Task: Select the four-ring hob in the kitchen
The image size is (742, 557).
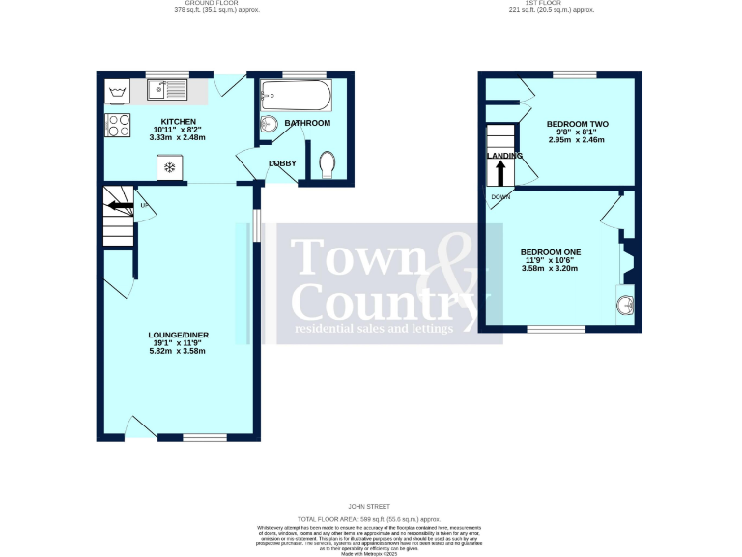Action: click(x=117, y=126)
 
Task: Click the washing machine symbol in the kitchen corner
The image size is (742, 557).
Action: click(x=117, y=92)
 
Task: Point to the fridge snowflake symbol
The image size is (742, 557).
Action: click(x=169, y=168)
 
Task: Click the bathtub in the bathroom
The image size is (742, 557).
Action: click(x=297, y=95)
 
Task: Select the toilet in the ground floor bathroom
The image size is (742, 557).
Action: click(x=326, y=165)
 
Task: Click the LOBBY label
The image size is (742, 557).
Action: click(x=282, y=163)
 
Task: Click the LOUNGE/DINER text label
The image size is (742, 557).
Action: click(x=179, y=335)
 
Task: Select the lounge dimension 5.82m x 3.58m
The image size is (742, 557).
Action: click(x=179, y=351)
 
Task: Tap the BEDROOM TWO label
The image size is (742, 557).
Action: click(x=577, y=124)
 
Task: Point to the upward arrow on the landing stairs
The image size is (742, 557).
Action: click(x=500, y=173)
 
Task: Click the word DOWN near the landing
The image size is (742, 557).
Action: click(x=500, y=197)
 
